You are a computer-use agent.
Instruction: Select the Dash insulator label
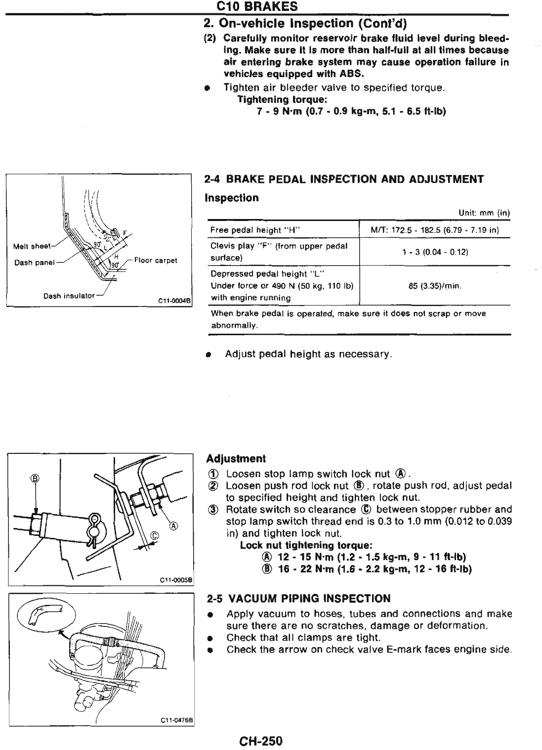tap(69, 296)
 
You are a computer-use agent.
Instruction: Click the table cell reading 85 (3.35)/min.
tap(435, 285)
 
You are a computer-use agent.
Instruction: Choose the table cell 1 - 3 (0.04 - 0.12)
tap(435, 252)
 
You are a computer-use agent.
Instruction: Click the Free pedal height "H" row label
tap(256, 230)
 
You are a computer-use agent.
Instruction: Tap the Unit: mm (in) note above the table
tap(484, 213)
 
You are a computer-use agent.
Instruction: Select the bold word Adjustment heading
tap(236, 458)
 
